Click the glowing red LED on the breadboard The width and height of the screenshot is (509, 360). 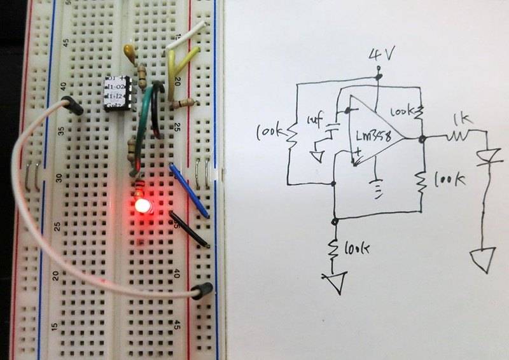tap(141, 205)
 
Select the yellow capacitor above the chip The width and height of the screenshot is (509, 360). tap(130, 53)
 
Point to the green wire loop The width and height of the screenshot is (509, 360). tap(151, 108)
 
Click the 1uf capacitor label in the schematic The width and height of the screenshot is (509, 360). tap(316, 120)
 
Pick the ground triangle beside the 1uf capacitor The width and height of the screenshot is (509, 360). tap(318, 155)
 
